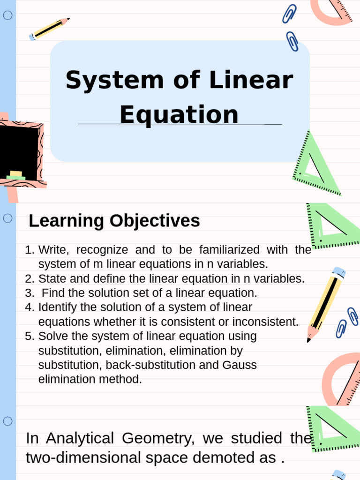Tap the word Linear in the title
pyautogui.click(x=251, y=81)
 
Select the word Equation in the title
pyautogui.click(x=179, y=115)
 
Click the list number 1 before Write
pyautogui.click(x=29, y=250)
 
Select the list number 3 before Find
pyautogui.click(x=29, y=293)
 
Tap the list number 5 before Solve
pyautogui.click(x=29, y=337)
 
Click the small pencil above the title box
pyautogui.click(x=49, y=29)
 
